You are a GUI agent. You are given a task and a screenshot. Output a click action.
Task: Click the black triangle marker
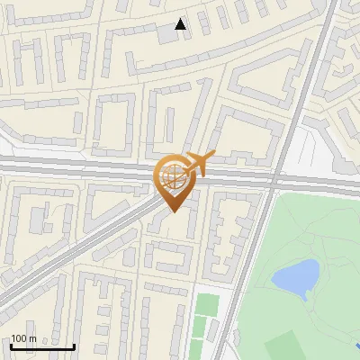click(181, 24)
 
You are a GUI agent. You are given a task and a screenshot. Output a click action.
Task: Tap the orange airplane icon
click(199, 163)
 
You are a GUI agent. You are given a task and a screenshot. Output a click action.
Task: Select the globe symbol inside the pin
click(173, 177)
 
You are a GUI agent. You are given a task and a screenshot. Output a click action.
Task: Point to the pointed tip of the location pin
click(173, 211)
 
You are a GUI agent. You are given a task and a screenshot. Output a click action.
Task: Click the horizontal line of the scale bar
click(42, 346)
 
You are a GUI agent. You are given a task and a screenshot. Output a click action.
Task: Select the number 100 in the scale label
click(19, 338)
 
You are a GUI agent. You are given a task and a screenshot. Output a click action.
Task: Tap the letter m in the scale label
click(32, 338)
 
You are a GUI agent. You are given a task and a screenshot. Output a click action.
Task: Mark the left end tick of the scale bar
click(11, 345)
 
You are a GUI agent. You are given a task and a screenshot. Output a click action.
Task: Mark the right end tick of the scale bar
click(74, 345)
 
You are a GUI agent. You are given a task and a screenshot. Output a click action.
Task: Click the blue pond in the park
click(295, 276)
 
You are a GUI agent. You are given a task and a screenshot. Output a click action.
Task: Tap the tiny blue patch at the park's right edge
click(357, 344)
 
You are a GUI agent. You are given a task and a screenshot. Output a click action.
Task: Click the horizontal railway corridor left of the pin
click(72, 167)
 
